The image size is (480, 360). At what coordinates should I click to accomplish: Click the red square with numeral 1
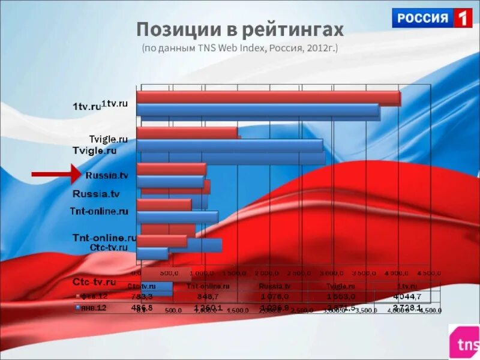tap(461, 18)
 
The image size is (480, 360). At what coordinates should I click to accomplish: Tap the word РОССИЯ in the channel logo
tap(422, 18)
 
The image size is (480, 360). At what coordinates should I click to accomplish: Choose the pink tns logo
tap(464, 342)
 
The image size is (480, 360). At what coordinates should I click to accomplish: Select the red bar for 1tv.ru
tap(268, 98)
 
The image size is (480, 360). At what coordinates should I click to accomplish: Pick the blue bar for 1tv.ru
tap(258, 111)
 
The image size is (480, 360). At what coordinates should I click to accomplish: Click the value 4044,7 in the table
tap(408, 297)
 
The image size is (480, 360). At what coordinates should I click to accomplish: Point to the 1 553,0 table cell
tap(340, 297)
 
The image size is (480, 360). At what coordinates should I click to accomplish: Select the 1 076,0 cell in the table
tap(274, 297)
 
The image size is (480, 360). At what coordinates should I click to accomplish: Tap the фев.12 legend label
tap(94, 297)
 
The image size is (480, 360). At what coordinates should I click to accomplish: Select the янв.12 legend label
tap(94, 308)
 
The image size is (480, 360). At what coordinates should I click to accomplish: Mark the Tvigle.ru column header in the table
tap(340, 287)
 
